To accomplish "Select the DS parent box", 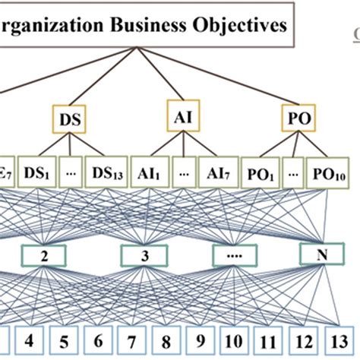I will pyautogui.click(x=70, y=119).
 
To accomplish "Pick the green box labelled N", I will pyautogui.click(x=318, y=256).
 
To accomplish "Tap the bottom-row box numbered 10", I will pyautogui.click(x=233, y=341).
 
